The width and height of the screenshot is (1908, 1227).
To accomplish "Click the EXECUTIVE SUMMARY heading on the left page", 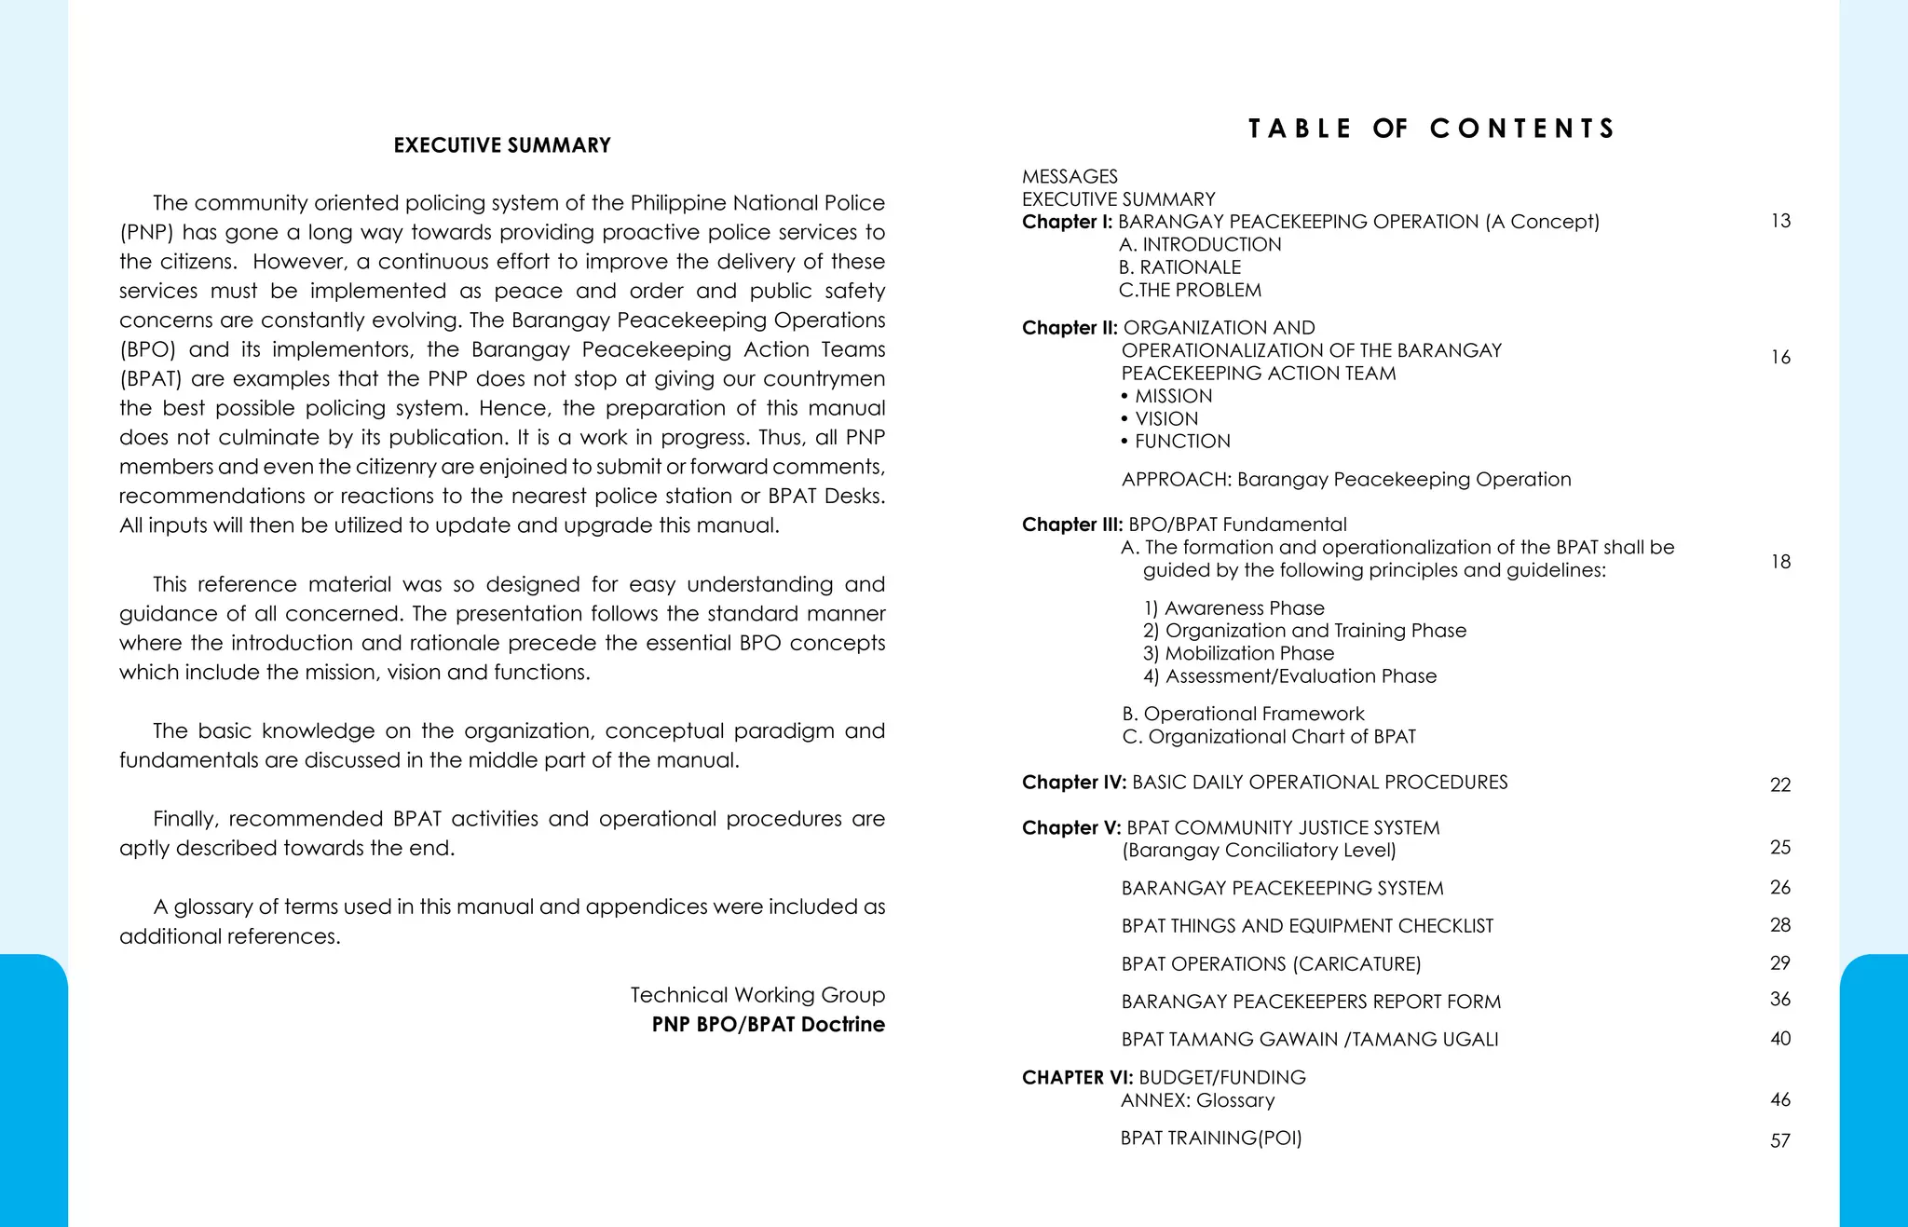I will pyautogui.click(x=502, y=145).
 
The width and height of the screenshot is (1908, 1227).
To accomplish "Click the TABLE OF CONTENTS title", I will pyautogui.click(x=1431, y=129).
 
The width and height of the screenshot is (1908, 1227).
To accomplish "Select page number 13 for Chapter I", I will pyautogui.click(x=1780, y=221).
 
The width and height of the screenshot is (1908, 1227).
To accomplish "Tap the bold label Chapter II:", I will pyautogui.click(x=1070, y=328).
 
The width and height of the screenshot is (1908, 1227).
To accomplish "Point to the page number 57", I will pyautogui.click(x=1780, y=1140).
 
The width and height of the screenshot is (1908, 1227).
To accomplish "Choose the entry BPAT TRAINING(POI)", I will pyautogui.click(x=1211, y=1138).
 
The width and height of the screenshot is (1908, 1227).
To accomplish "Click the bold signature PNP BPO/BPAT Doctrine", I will pyautogui.click(x=768, y=1024).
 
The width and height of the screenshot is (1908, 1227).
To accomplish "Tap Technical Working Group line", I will pyautogui.click(x=756, y=995).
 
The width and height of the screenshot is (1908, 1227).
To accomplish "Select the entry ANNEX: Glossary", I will pyautogui.click(x=1197, y=1100).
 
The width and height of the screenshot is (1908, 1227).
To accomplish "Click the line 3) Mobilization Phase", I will pyautogui.click(x=1238, y=653).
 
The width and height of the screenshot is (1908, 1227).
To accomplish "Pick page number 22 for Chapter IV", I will pyautogui.click(x=1780, y=784).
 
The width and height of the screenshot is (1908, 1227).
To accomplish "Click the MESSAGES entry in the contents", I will pyautogui.click(x=1070, y=176).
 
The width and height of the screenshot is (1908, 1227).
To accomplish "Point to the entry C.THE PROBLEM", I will pyautogui.click(x=1190, y=290).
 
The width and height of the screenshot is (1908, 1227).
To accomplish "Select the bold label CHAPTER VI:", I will pyautogui.click(x=1077, y=1078).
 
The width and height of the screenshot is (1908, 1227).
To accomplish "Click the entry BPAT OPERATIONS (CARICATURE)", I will pyautogui.click(x=1271, y=964).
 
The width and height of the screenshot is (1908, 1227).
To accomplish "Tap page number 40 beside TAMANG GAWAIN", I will pyautogui.click(x=1780, y=1038).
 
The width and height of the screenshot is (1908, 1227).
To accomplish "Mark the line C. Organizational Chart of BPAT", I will pyautogui.click(x=1268, y=737).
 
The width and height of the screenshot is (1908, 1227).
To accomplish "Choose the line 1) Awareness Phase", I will pyautogui.click(x=1233, y=608).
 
